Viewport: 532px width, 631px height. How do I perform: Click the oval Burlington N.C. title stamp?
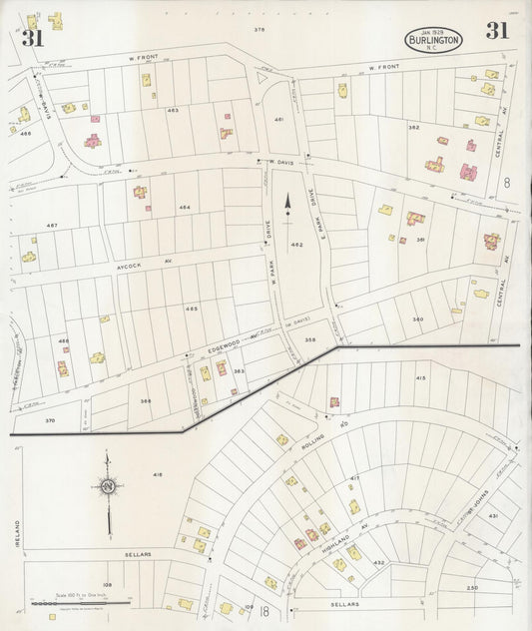pyautogui.click(x=433, y=41)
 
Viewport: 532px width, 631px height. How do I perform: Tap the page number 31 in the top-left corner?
pyautogui.click(x=32, y=39)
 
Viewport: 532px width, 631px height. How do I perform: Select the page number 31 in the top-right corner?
pyautogui.click(x=496, y=31)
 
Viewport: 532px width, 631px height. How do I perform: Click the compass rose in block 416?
pyautogui.click(x=107, y=486)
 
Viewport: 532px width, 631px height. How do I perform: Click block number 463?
pyautogui.click(x=173, y=111)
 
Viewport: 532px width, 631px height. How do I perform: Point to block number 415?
pyautogui.click(x=420, y=377)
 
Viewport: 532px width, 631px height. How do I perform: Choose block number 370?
pyautogui.click(x=49, y=421)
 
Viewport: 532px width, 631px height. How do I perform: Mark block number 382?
pyautogui.click(x=412, y=128)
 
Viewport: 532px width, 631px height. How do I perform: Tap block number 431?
pyautogui.click(x=492, y=515)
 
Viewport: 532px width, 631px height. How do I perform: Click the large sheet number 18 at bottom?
pyautogui.click(x=263, y=611)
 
